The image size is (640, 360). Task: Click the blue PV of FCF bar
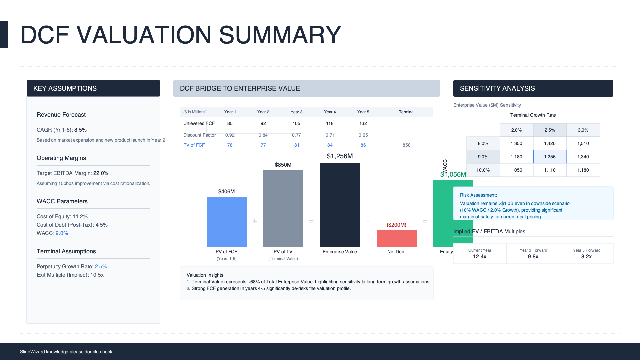point(227,222)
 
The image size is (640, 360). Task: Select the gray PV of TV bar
point(283,208)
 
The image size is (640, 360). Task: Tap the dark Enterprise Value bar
point(340,205)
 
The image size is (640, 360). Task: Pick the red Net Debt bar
point(397,238)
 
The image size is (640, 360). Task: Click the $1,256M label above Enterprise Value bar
point(340,156)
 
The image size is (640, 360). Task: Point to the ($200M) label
point(396,225)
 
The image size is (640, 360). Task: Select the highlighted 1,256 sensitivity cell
point(550,157)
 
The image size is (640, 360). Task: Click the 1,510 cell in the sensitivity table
point(583,143)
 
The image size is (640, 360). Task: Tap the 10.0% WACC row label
point(483,170)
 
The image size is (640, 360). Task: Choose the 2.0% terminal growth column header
point(516,130)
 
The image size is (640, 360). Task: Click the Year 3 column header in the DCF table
point(296,112)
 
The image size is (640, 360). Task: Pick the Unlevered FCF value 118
point(330,123)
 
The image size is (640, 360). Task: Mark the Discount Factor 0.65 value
point(363,135)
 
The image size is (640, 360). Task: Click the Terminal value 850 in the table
point(406,145)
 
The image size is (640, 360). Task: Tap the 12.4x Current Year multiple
point(480,257)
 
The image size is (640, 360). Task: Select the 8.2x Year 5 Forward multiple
point(586,257)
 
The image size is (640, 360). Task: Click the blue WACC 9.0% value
point(62,233)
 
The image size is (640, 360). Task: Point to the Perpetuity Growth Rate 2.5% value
point(101,267)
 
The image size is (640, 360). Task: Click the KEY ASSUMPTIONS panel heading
point(65,88)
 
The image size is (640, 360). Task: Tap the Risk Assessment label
point(478,195)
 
